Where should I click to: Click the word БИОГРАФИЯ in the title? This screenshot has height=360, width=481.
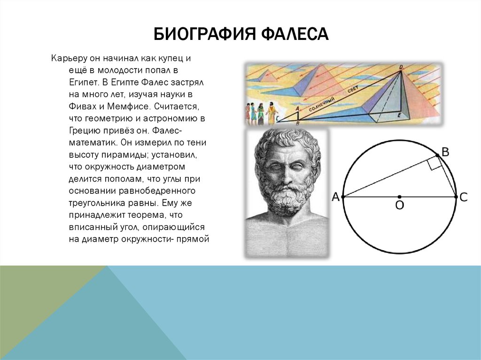click(204, 34)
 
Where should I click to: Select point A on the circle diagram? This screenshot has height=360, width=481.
click(343, 197)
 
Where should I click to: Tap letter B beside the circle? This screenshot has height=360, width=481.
click(445, 152)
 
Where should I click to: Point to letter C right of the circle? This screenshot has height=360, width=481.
click(464, 197)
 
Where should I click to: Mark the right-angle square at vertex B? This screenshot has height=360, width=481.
click(435, 163)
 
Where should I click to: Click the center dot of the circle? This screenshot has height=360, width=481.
click(399, 197)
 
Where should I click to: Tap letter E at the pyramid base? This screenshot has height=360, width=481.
click(399, 115)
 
